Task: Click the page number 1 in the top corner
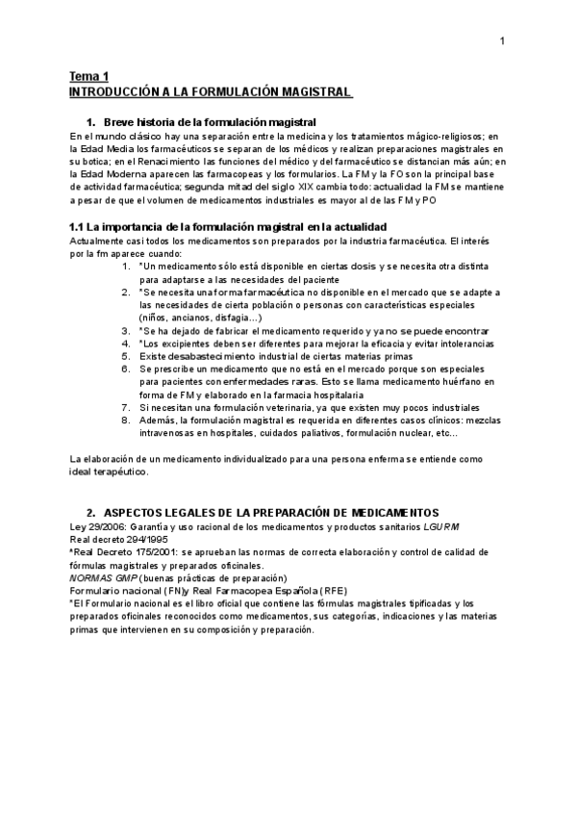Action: pyautogui.click(x=502, y=40)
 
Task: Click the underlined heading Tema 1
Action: pyautogui.click(x=88, y=76)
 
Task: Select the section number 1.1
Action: pyautogui.click(x=79, y=226)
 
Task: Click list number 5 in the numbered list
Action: pyautogui.click(x=125, y=356)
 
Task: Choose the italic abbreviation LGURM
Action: pyautogui.click(x=444, y=526)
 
